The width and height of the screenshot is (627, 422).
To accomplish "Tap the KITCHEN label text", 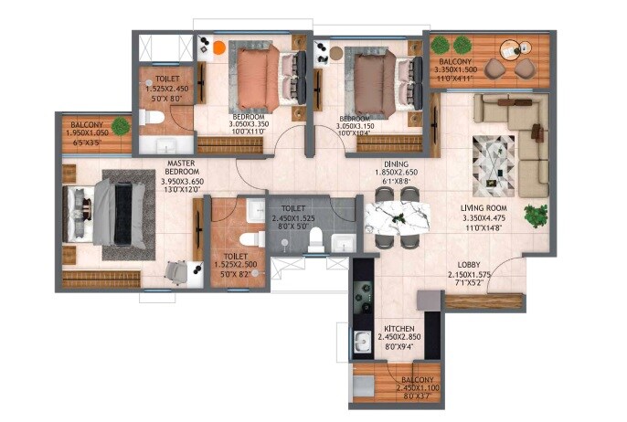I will [x=399, y=326].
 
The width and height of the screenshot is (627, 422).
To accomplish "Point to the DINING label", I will [x=395, y=164].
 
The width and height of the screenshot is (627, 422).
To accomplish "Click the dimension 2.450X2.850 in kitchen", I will [x=399, y=336].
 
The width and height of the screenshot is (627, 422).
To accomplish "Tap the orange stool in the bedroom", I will [x=219, y=47].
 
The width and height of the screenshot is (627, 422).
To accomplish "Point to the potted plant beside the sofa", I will [x=536, y=216].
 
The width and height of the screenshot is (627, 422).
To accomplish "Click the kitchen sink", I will [x=361, y=343].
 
